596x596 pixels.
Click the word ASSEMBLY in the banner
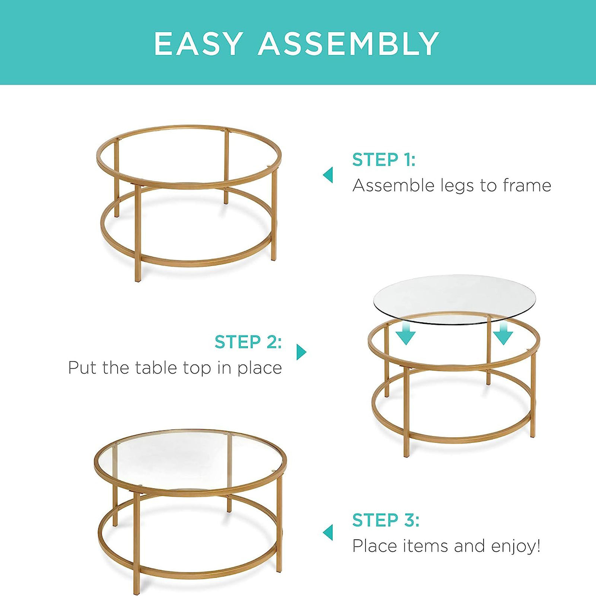point(349,44)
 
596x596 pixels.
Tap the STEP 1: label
point(383,160)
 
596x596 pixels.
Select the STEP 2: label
point(248,342)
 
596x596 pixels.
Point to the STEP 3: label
point(386,520)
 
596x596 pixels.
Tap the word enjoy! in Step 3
point(516,546)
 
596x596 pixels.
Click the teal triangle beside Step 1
point(328,175)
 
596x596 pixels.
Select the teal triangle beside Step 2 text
point(301,352)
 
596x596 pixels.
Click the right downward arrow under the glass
point(503,334)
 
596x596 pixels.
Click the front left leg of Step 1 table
point(138,235)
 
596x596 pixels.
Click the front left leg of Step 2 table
point(406,413)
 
